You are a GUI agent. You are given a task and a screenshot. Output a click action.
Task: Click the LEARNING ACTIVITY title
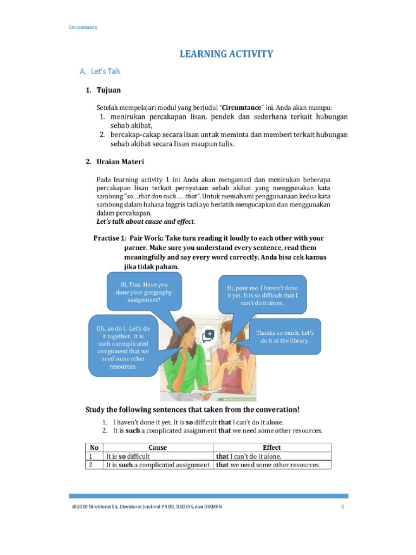[x=226, y=54]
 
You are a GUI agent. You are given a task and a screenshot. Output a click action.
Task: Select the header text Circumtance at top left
[x=82, y=27]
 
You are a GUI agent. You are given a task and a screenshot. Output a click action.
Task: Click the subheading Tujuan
[x=109, y=89]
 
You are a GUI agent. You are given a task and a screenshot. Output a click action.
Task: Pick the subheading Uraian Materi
[x=120, y=162]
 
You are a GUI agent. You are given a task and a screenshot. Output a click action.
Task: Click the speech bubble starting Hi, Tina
[x=144, y=292]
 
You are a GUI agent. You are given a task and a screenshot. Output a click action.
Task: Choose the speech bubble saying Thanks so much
[x=284, y=337]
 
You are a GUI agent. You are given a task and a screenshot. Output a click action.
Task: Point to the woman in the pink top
[x=233, y=363]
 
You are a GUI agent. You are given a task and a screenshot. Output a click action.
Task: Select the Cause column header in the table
[x=158, y=448]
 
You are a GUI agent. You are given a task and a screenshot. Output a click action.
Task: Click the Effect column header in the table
[x=272, y=448]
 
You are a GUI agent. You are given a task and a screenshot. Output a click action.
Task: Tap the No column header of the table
[x=94, y=448]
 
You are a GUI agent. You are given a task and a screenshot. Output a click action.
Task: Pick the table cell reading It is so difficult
[x=128, y=456]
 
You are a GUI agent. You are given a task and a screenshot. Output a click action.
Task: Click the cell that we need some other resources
[x=268, y=465]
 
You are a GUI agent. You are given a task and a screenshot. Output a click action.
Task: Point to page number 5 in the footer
[x=342, y=507]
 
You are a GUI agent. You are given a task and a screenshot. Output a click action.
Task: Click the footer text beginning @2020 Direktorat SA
[x=146, y=507]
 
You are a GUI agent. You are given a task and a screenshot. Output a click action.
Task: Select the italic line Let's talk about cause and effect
[x=146, y=221]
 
